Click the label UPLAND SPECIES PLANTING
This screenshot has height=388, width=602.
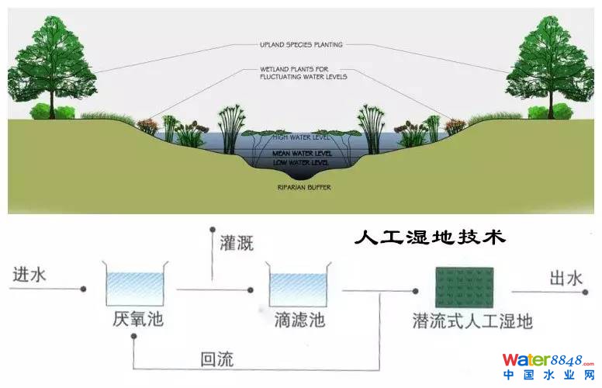[x=300, y=45]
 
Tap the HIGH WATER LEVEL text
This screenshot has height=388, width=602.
[x=301, y=138]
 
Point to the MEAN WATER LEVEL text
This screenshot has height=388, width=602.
[x=301, y=154]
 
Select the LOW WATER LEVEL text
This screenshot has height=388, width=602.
[x=301, y=162]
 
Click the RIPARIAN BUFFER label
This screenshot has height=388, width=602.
[x=301, y=188]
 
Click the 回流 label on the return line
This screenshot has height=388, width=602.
[x=216, y=359]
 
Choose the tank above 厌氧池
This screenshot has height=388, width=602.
[x=136, y=285]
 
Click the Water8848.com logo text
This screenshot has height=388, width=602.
[x=548, y=359]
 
